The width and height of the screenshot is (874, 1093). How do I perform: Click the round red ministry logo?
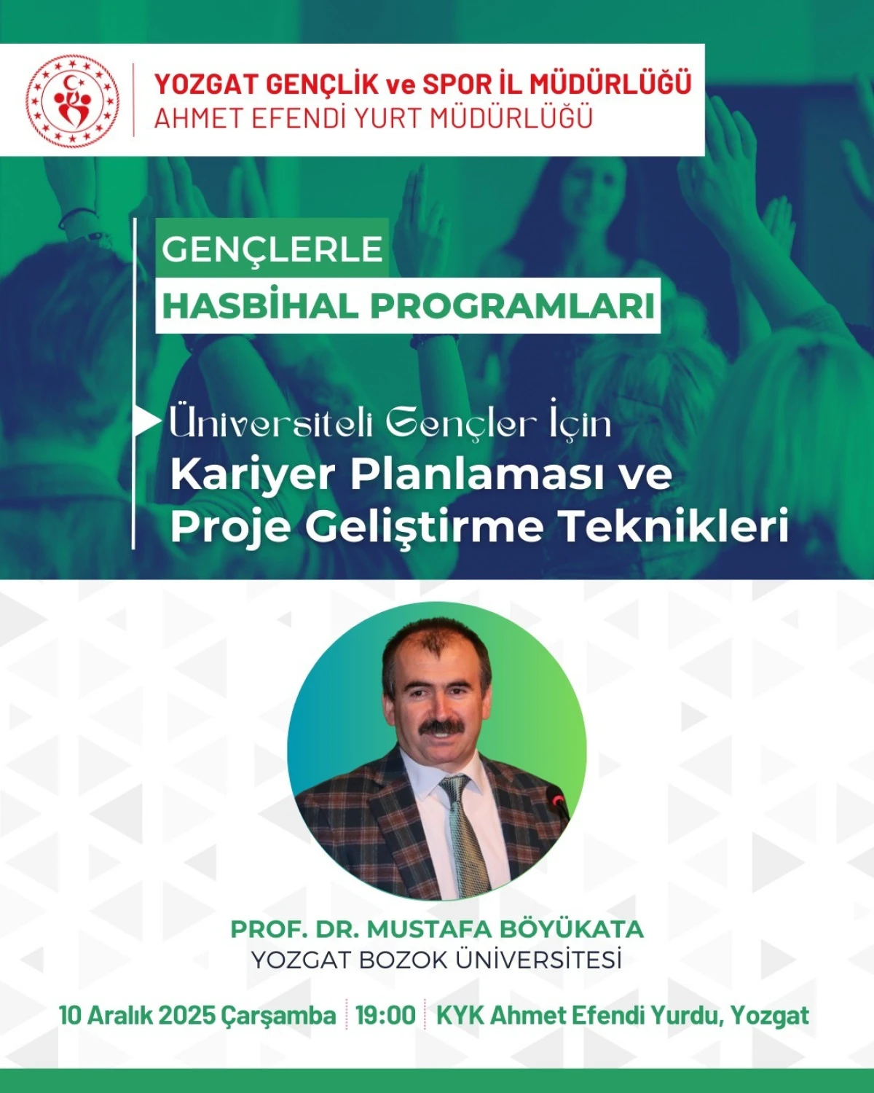pos(72,99)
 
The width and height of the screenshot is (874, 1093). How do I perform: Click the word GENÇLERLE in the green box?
pos(272,250)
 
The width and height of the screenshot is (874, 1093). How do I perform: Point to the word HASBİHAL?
pos(260,306)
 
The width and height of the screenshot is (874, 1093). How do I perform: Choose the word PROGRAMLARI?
pos(513,306)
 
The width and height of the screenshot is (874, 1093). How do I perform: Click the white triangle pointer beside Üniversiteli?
pos(147,422)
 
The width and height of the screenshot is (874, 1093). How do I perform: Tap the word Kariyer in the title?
pos(252,474)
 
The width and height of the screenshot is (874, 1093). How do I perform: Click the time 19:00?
pos(385,1015)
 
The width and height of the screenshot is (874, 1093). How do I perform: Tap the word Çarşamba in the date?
pos(278,1015)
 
